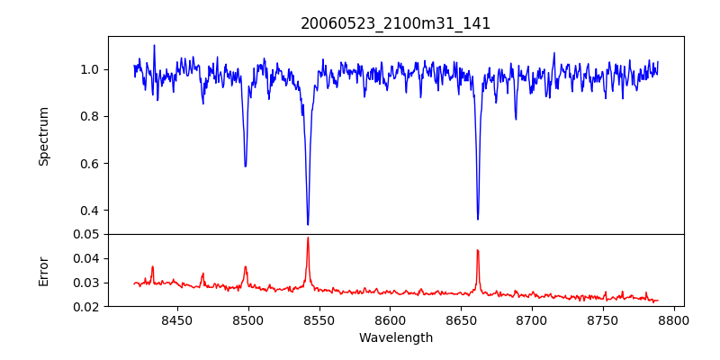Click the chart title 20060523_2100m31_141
tap(396, 23)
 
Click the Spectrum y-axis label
tap(43, 136)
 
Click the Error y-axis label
tap(43, 270)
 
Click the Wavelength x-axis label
tap(396, 337)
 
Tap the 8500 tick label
tap(248, 319)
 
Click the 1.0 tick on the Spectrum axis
tap(90, 69)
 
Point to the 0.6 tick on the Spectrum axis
tap(90, 164)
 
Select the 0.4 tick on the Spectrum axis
tap(90, 211)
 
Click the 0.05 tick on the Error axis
tap(86, 234)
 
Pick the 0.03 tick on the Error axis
tap(86, 283)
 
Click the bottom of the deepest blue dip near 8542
tap(308, 224)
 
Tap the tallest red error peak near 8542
tap(308, 238)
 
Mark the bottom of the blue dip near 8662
tap(478, 219)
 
